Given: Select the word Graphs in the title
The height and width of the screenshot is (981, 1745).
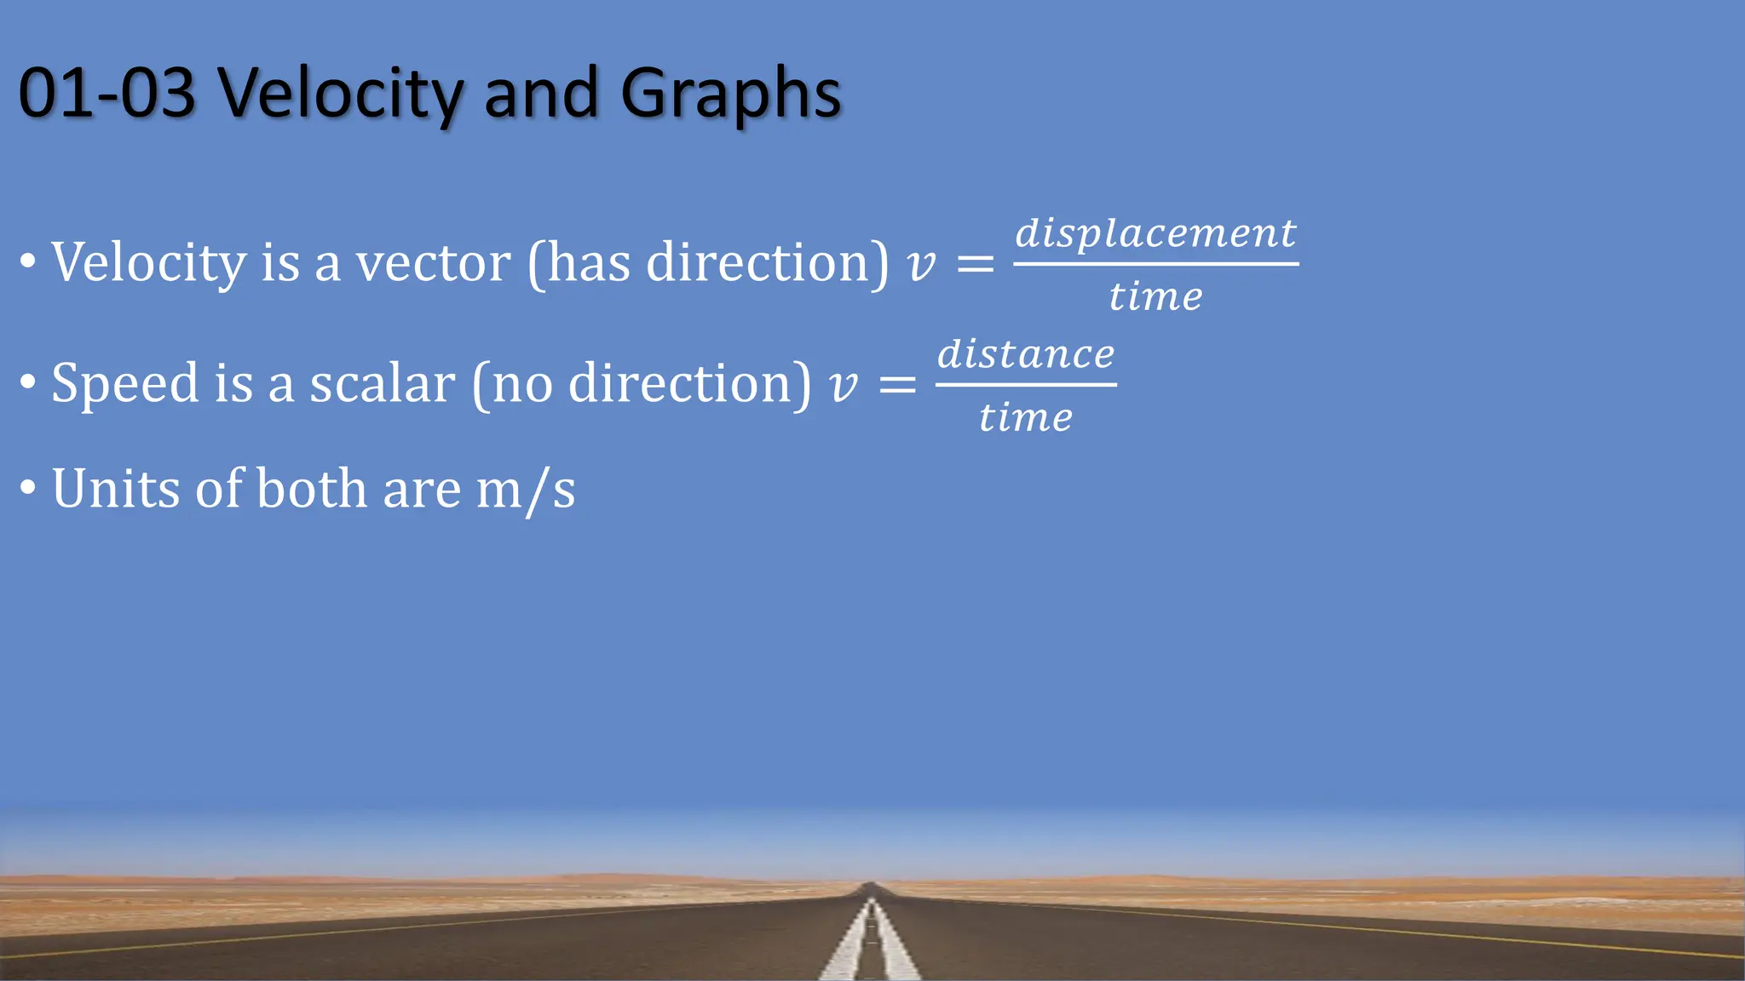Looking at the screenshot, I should coord(730,95).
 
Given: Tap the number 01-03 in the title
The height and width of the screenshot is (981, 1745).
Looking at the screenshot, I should coord(107,93).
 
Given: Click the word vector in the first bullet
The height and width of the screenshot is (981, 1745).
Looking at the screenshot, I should coord(433,262).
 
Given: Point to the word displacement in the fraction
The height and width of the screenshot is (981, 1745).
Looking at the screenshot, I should coord(1155,232).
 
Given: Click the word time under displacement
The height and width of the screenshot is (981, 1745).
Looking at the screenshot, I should coord(1155,296).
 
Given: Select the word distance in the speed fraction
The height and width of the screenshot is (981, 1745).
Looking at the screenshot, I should coord(1026,353).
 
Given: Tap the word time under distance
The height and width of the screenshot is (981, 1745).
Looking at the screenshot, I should coord(1026,417).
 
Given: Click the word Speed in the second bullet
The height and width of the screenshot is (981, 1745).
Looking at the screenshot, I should coord(124,383).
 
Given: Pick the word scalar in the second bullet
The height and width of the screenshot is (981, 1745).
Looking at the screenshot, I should coord(382,383).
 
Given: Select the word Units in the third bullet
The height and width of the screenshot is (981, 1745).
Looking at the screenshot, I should coord(116,489).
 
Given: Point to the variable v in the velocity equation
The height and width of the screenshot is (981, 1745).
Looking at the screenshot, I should coord(921,265).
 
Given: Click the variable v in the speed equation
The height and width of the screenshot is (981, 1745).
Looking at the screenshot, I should coord(843,386).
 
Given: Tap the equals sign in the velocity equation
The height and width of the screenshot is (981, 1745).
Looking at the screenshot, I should coord(976,264).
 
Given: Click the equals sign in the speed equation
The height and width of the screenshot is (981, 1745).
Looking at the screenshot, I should coord(897,385).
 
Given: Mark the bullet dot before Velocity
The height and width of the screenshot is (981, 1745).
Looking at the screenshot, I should coord(28,261).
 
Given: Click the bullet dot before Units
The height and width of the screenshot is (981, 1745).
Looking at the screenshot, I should coord(28,488).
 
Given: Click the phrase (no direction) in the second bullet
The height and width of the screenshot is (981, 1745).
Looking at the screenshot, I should coord(641,383).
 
